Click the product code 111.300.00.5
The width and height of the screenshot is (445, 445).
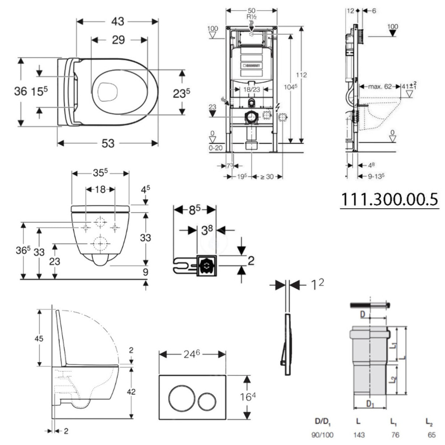point(389,200)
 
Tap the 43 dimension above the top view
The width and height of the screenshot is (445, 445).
point(117,21)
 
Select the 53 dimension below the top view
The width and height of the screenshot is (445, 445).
point(108,143)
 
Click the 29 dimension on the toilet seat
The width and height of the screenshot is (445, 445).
point(118,39)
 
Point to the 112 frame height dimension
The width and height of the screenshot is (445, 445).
point(301,75)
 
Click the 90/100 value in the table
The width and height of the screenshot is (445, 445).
point(322,435)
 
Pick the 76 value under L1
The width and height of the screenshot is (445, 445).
point(395,435)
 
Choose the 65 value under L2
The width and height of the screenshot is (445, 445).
point(431,435)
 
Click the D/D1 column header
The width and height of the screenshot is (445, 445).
point(323,422)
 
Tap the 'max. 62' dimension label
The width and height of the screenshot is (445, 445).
point(380,87)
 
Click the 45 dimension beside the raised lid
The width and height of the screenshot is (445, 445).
point(39,339)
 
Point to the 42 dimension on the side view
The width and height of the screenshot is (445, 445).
point(131,392)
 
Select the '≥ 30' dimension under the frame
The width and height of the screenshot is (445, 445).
point(267,177)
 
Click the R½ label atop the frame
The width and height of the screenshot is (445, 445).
point(252,17)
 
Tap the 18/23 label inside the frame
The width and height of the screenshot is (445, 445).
point(251,89)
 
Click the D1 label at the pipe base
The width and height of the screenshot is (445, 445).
point(370,404)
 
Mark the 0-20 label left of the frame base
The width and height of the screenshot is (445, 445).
point(215,148)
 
